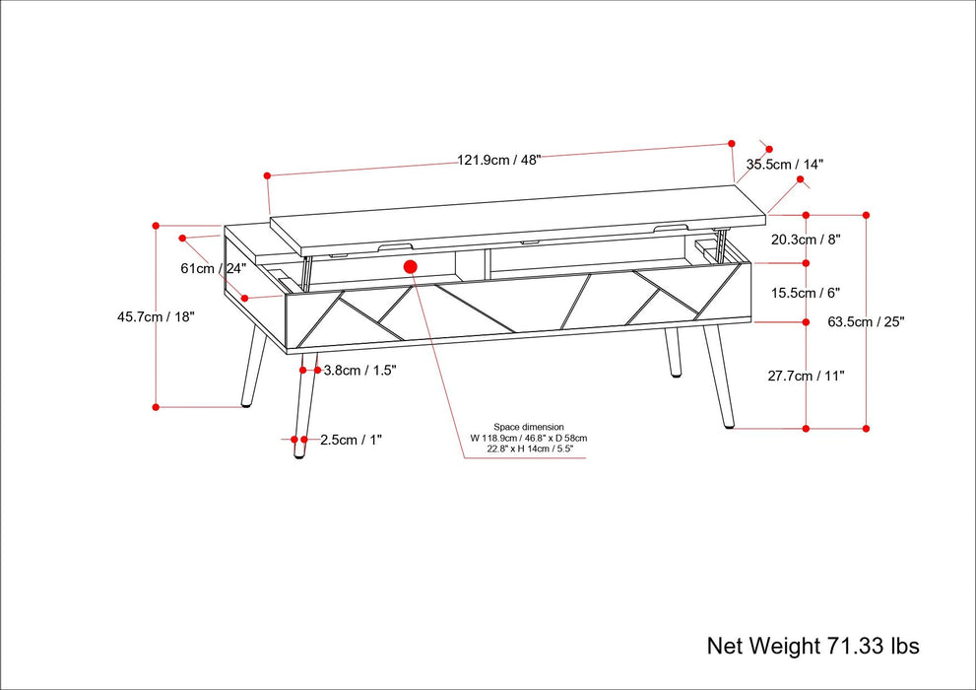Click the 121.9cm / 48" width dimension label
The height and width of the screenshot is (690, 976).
click(x=498, y=161)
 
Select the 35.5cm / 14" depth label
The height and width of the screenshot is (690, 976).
click(x=784, y=165)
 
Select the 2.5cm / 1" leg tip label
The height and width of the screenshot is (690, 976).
click(x=351, y=440)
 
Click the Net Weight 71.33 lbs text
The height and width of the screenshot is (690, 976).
click(x=813, y=647)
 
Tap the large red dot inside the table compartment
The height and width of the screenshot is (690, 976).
click(x=410, y=266)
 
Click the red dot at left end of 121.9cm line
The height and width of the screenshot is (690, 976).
click(x=267, y=175)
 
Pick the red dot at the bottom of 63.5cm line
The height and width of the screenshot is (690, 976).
click(x=867, y=428)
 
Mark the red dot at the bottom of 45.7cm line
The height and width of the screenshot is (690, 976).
click(x=156, y=406)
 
